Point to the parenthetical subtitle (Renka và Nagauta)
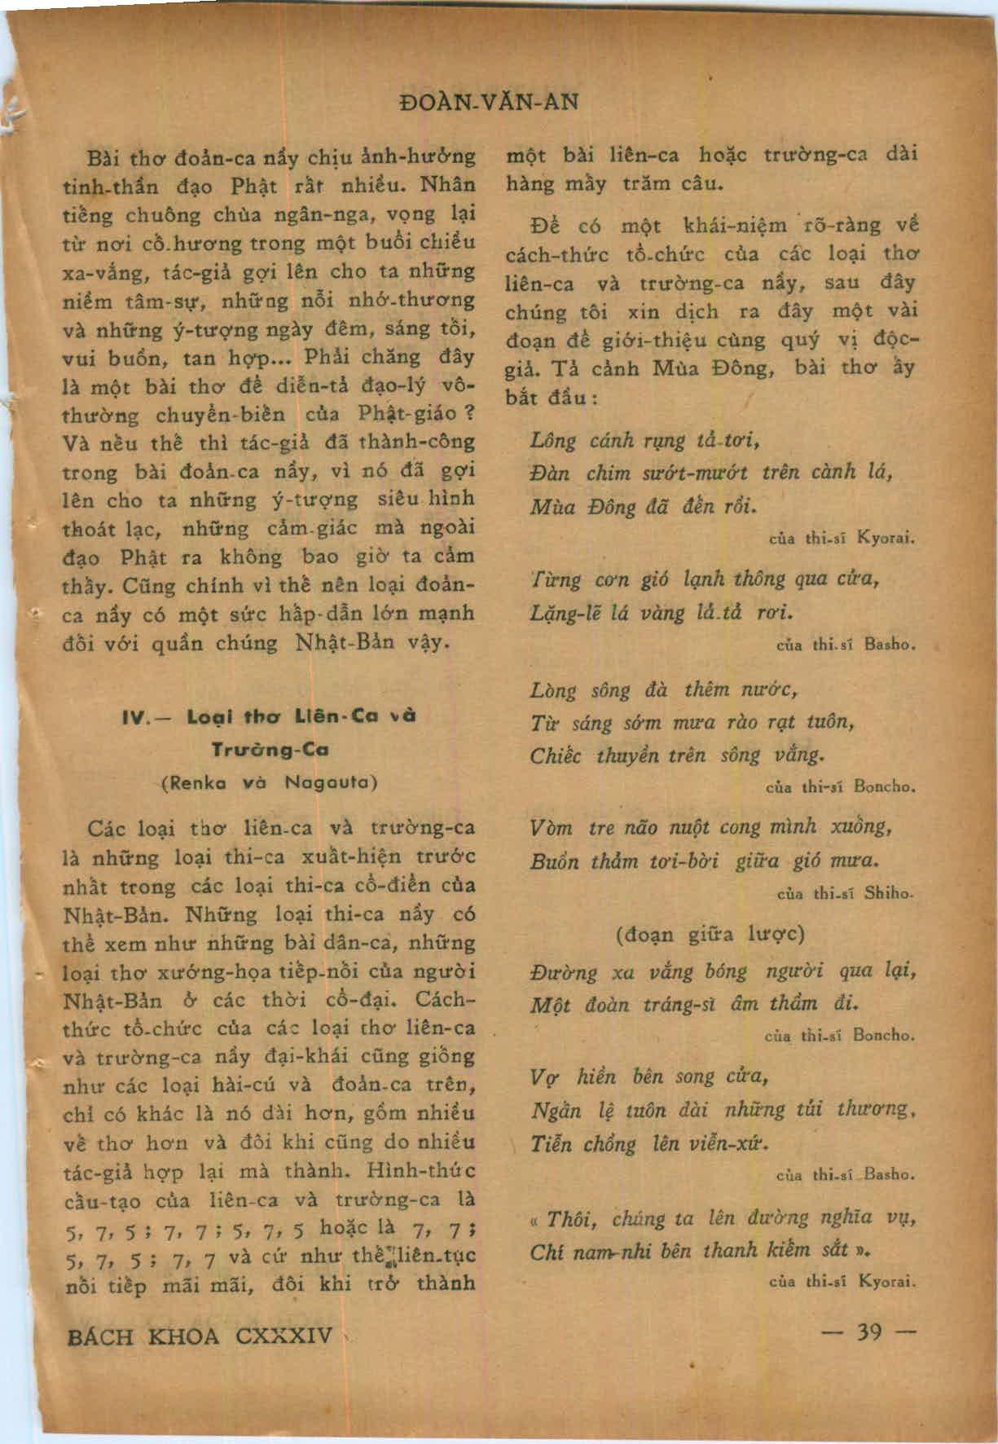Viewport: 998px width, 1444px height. [270, 782]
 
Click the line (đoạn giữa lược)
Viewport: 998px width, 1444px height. [711, 933]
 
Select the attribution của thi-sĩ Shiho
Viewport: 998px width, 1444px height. [845, 893]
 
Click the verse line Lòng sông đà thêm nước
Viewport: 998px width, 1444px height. [662, 691]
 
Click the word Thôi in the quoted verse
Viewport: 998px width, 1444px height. [568, 1219]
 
